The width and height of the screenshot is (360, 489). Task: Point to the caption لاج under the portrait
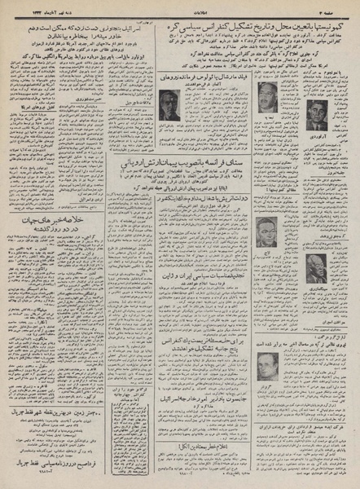pos(266,251)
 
